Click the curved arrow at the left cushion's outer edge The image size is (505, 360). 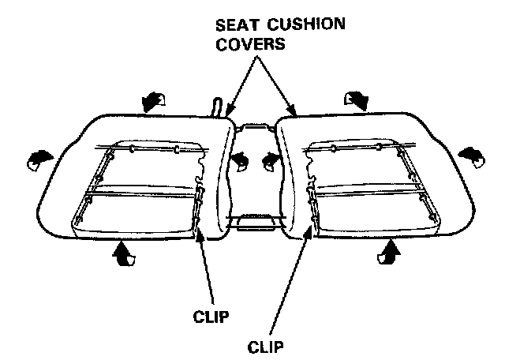click(x=36, y=159)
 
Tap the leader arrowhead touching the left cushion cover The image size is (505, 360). click(x=227, y=113)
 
